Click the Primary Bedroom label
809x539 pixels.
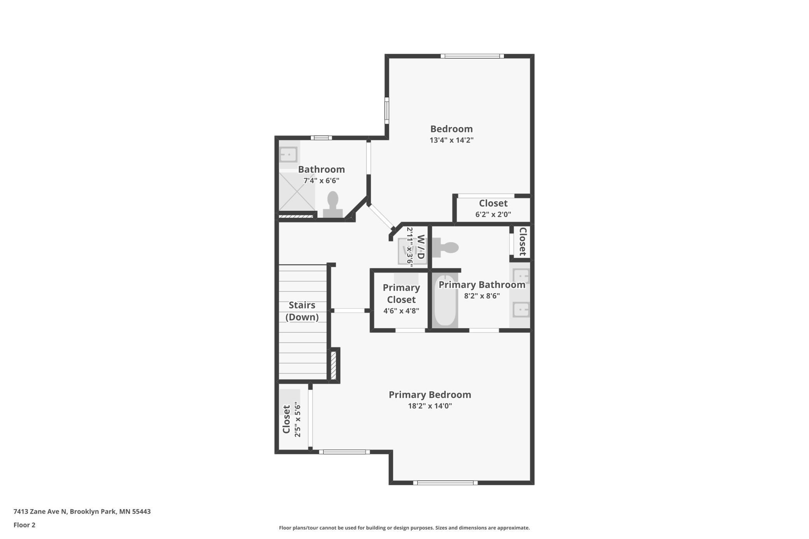point(430,395)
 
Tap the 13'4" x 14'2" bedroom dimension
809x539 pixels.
point(451,140)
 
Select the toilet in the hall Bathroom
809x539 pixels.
point(333,205)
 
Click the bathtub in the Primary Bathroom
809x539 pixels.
point(445,301)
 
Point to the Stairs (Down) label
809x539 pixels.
point(302,311)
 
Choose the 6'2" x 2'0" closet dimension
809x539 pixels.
point(493,214)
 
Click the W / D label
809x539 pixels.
point(420,247)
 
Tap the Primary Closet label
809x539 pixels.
point(401,294)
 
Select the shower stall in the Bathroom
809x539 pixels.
point(297,191)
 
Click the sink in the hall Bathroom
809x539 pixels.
point(288,154)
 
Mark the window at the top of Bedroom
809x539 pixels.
point(472,56)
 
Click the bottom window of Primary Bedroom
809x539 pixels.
point(445,483)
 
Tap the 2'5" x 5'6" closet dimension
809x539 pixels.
point(298,419)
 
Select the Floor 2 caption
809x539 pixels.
point(24,525)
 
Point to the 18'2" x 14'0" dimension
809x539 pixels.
point(430,406)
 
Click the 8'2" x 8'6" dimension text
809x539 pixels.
point(482,296)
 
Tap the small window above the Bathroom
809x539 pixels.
point(321,138)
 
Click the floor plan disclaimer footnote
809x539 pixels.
point(404,528)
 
